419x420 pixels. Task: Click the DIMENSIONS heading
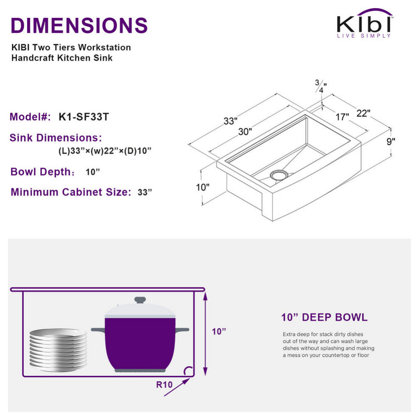[79, 25]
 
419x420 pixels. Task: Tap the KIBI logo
[364, 24]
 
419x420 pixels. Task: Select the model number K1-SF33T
[83, 118]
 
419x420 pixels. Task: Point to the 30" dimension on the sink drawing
[245, 132]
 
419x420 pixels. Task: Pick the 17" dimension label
[342, 117]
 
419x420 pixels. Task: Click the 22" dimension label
[363, 113]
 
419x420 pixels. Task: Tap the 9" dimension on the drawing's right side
[391, 141]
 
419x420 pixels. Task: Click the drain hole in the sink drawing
[279, 174]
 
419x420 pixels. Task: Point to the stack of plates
[58, 350]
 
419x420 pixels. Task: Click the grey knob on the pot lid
[140, 300]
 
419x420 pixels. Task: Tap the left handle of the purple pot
[98, 329]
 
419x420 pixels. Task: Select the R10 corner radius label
[165, 385]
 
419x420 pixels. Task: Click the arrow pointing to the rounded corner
[176, 387]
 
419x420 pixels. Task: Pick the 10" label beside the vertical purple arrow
[219, 331]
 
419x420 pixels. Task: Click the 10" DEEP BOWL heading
[324, 317]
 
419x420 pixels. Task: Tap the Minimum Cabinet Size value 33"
[145, 192]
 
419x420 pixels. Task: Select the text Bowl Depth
[40, 172]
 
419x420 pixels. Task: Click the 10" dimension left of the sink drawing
[203, 187]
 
